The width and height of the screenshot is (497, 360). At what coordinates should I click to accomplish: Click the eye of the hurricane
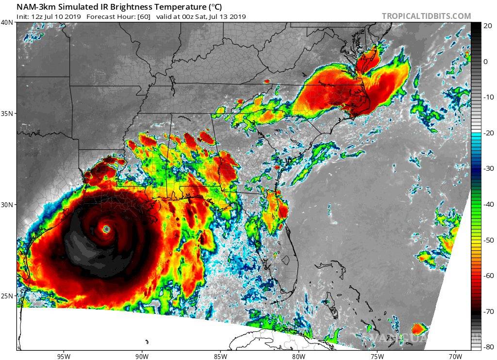107,229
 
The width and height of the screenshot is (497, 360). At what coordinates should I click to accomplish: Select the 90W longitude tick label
142,356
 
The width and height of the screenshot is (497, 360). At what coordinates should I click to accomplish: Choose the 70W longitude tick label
455,356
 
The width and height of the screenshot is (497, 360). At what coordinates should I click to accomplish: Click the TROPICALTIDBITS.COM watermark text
426,16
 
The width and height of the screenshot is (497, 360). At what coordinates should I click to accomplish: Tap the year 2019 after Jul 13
238,16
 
